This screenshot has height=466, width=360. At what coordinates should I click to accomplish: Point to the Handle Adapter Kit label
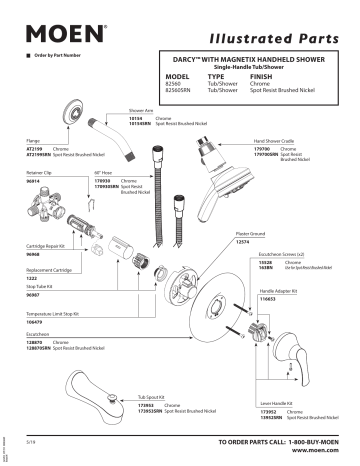tap(280, 291)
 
